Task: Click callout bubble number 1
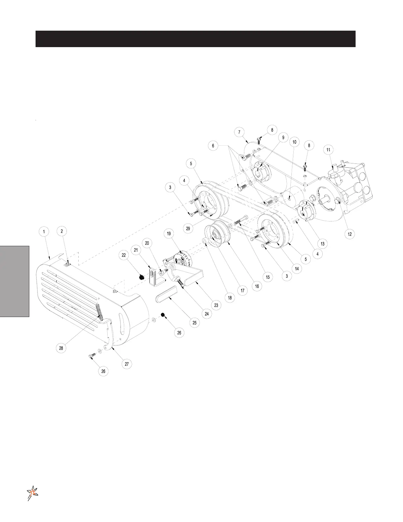(44, 232)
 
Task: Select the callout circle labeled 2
(62, 231)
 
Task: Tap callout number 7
(239, 132)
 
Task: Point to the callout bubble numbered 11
(328, 150)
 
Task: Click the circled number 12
(350, 234)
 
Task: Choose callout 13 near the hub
(322, 244)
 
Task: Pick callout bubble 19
(169, 234)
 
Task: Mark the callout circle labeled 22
(124, 255)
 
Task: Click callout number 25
(195, 323)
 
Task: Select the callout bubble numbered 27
(126, 364)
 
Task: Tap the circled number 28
(61, 348)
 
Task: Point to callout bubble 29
(188, 229)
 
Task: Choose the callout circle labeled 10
(294, 142)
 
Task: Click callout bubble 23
(216, 305)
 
